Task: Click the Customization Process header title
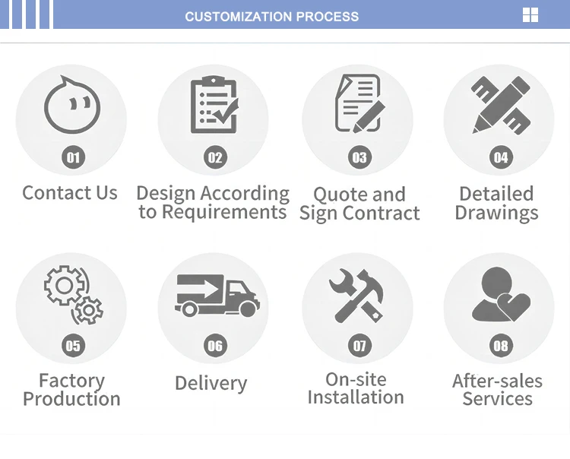tap(272, 16)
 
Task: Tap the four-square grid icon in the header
tap(530, 15)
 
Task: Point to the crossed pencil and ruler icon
tap(499, 104)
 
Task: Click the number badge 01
tap(74, 157)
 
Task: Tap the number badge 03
tap(359, 157)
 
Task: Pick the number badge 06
tap(216, 347)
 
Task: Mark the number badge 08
tap(501, 347)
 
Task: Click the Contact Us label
tap(70, 193)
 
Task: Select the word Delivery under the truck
tap(211, 383)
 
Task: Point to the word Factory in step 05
tap(71, 380)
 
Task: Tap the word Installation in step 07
tap(356, 397)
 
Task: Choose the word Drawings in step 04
tap(496, 213)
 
